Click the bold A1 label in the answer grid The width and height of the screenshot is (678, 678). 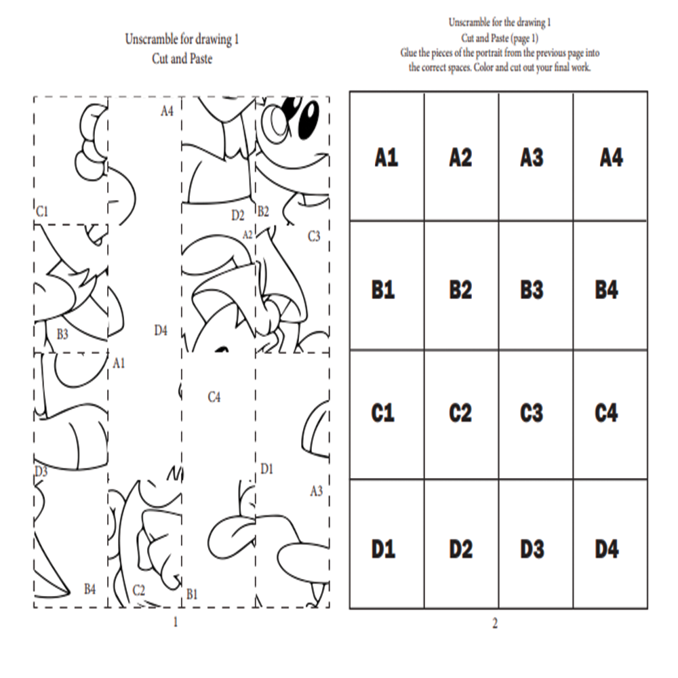[386, 159]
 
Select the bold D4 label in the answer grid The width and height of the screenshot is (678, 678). [607, 549]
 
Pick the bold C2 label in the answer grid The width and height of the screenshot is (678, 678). [460, 413]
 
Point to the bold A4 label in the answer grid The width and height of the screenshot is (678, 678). [611, 159]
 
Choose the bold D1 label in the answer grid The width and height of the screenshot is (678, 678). [383, 549]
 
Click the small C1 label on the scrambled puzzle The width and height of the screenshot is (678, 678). [42, 212]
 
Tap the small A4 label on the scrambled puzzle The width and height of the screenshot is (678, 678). [167, 111]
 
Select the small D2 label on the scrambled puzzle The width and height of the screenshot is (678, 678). [237, 216]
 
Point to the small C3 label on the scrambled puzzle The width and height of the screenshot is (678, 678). [314, 237]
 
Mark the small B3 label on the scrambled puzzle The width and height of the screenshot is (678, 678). [62, 334]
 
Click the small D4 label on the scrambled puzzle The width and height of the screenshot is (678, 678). [161, 330]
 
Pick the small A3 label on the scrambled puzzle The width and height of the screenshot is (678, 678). [316, 491]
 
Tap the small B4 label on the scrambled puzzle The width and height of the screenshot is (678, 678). [89, 589]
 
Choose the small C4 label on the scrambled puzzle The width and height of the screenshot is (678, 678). [214, 397]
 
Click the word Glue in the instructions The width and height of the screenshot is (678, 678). [409, 52]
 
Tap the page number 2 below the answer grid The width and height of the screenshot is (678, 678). [495, 624]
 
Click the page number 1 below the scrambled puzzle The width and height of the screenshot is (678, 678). [176, 621]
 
